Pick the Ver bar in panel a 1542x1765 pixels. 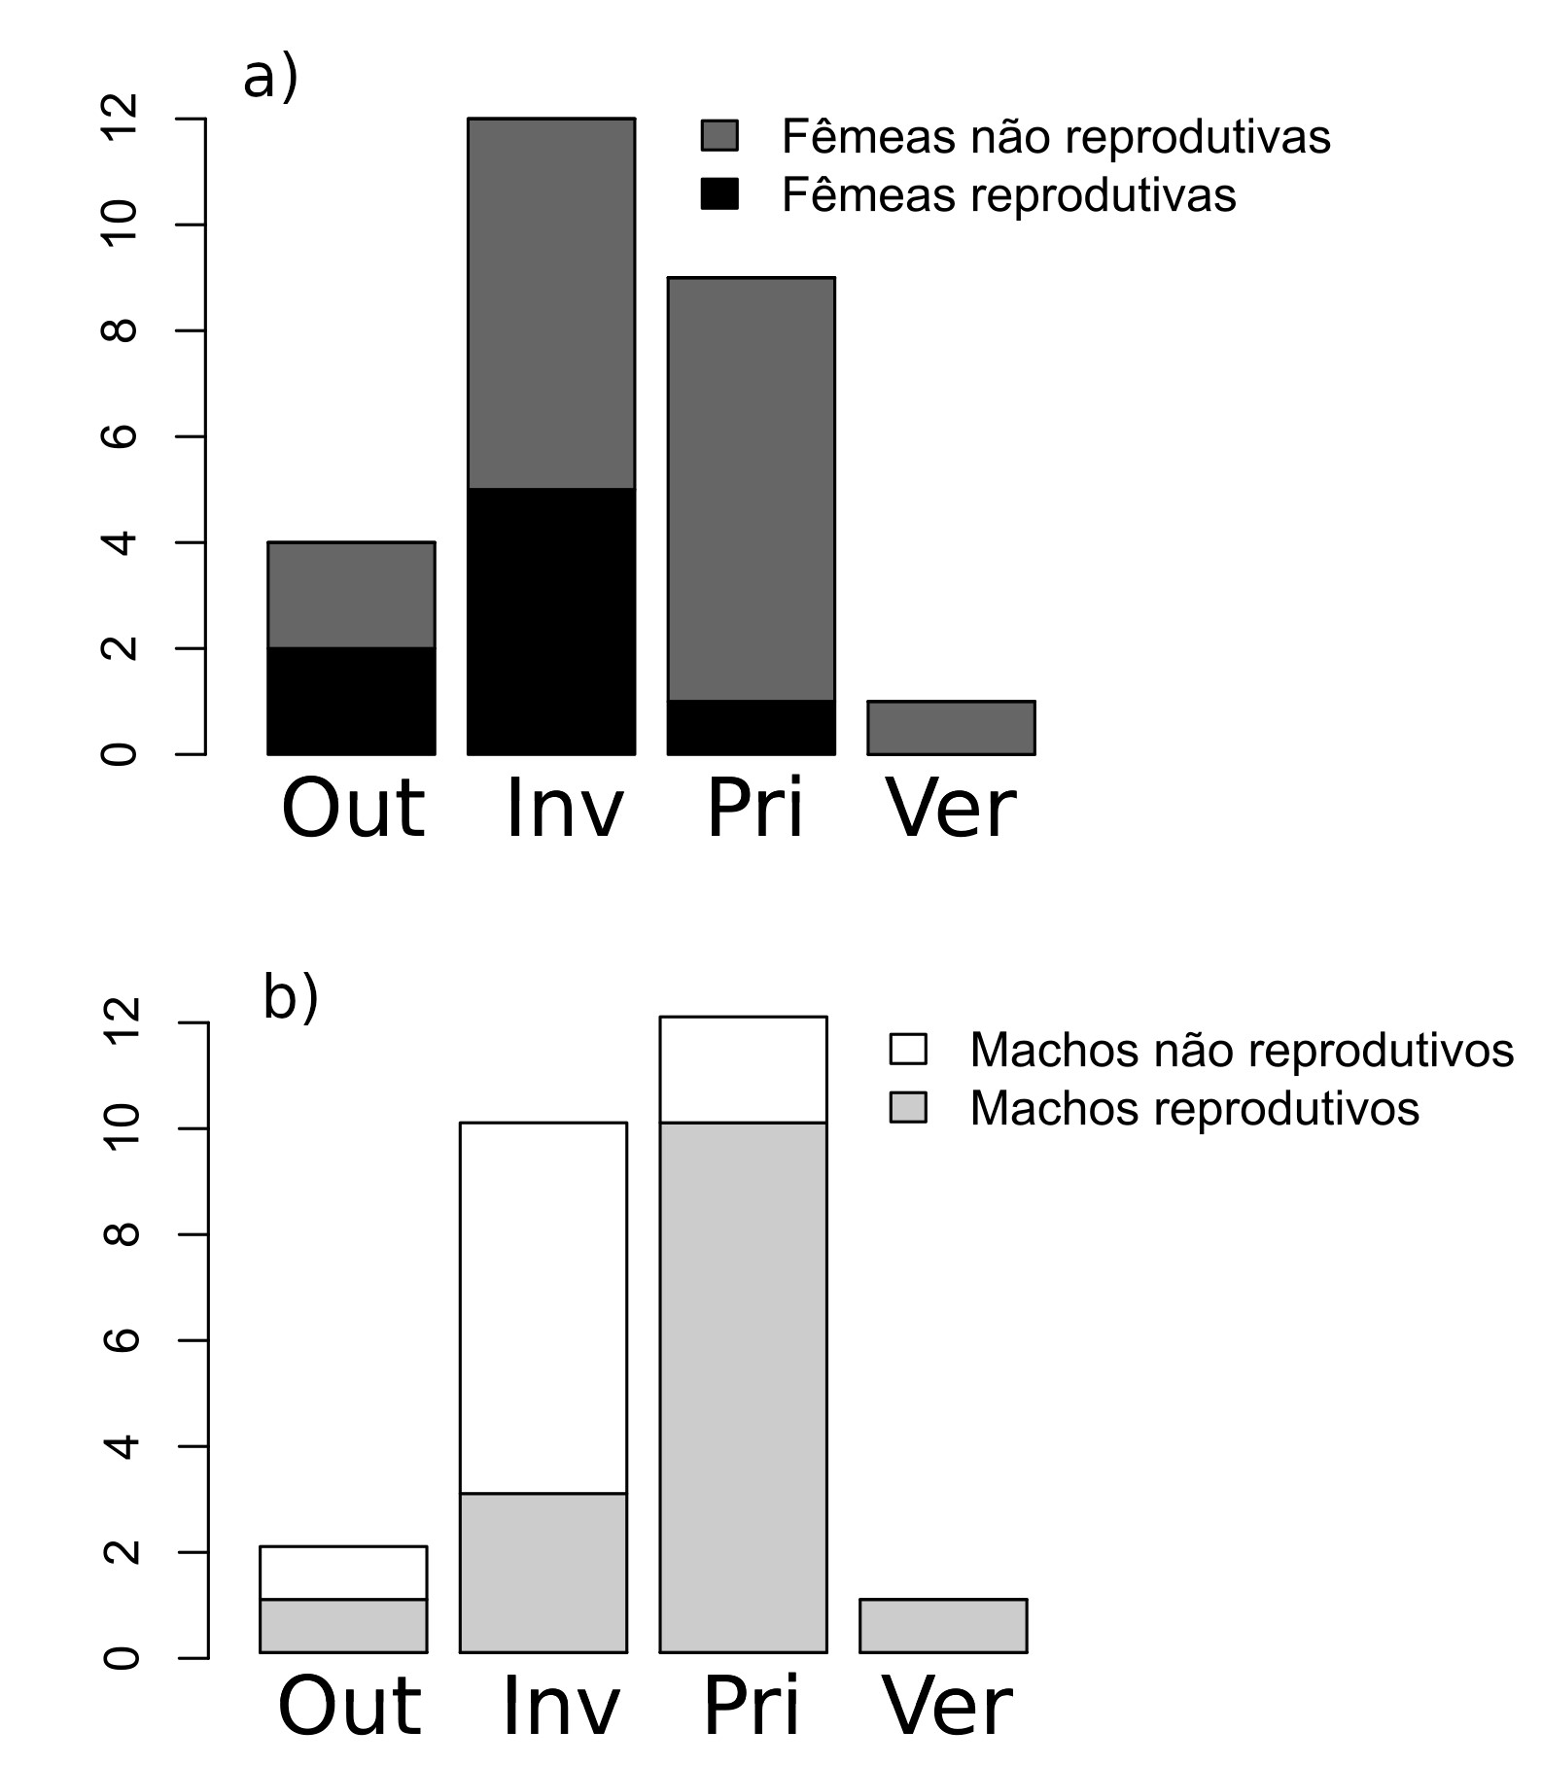(951, 727)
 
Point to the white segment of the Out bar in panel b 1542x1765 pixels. (343, 1572)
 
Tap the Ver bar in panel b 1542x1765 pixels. (943, 1625)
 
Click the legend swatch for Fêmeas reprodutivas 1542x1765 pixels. (719, 194)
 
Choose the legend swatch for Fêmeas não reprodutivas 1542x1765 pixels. (719, 136)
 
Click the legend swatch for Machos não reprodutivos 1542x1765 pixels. (908, 1050)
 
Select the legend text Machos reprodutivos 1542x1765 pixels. (1194, 1108)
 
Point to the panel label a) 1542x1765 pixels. (270, 78)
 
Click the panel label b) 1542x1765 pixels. (291, 998)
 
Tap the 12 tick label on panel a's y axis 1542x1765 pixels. (120, 119)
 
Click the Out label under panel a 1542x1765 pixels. (353, 809)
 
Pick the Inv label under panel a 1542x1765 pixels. (564, 809)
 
